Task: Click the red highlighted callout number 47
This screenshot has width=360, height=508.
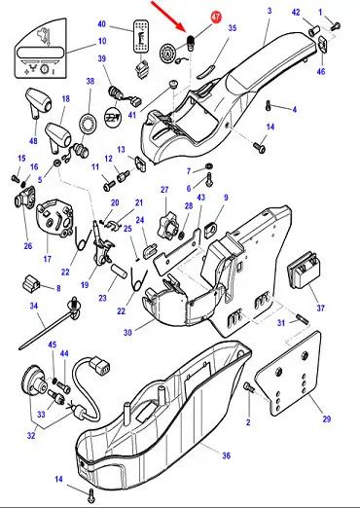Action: pos(216,18)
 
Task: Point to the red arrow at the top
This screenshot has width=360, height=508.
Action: pos(169,17)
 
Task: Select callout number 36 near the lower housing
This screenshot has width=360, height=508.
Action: pos(226,455)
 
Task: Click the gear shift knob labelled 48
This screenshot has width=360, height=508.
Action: pos(38,101)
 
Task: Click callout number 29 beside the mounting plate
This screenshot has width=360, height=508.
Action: pos(327,418)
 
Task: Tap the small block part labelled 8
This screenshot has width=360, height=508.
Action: pos(31,283)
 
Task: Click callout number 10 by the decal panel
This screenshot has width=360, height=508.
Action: pos(102,41)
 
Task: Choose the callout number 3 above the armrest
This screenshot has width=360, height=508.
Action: pos(270,11)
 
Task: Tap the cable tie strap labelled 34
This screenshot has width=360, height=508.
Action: pos(52,324)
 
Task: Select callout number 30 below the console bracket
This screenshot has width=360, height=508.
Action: pos(127,332)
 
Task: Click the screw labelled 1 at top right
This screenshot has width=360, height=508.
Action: pos(335,26)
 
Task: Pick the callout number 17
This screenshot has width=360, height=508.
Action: pos(48,259)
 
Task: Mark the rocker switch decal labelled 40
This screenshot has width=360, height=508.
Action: pos(141,36)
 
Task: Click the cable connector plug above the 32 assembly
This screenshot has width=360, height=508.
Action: pos(100,365)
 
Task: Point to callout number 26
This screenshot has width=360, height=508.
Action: pos(28,246)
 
